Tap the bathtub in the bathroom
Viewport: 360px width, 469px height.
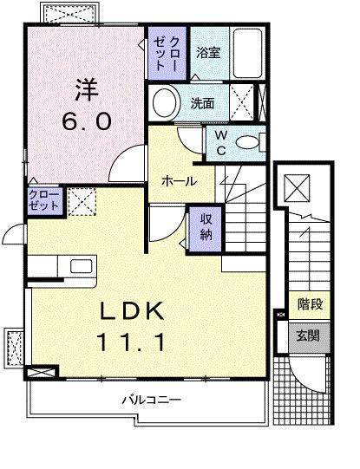pyautogui.click(x=251, y=53)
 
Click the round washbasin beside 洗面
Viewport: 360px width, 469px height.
pyautogui.click(x=165, y=103)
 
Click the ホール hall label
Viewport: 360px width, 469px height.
pyautogui.click(x=178, y=181)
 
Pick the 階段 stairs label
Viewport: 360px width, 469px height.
pyautogui.click(x=309, y=304)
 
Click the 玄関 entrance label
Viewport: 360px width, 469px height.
pyautogui.click(x=309, y=334)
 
